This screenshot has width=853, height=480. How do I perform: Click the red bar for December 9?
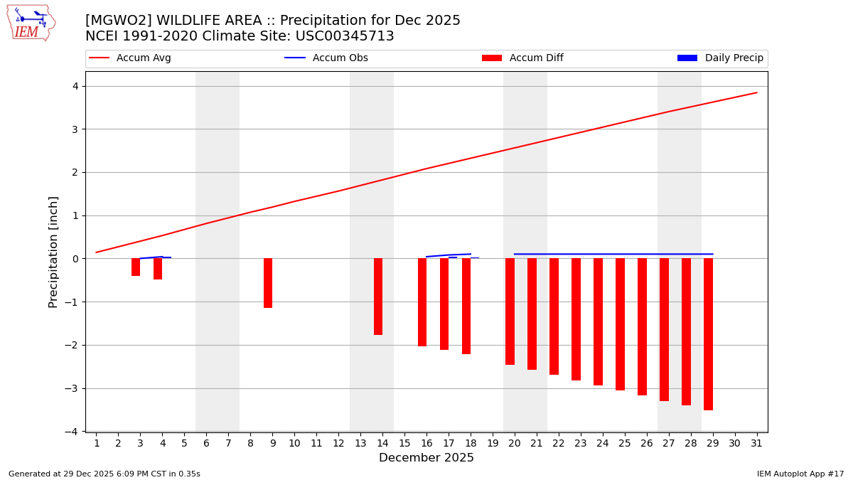[268, 283]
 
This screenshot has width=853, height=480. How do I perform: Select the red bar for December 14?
[378, 297]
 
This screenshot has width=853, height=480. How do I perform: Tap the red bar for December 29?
[708, 334]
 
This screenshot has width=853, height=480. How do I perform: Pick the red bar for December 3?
[136, 267]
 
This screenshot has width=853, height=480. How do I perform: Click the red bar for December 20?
[510, 311]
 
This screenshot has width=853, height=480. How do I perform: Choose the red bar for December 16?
[422, 302]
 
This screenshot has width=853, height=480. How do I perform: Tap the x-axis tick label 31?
[757, 443]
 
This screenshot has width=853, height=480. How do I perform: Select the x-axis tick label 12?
[338, 443]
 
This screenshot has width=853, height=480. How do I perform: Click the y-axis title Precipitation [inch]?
[53, 252]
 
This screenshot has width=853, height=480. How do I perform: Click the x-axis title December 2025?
[426, 458]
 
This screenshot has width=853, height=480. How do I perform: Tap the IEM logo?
[31, 22]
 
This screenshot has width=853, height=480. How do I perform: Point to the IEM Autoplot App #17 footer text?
[800, 474]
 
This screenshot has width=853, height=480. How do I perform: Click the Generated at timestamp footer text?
[104, 474]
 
